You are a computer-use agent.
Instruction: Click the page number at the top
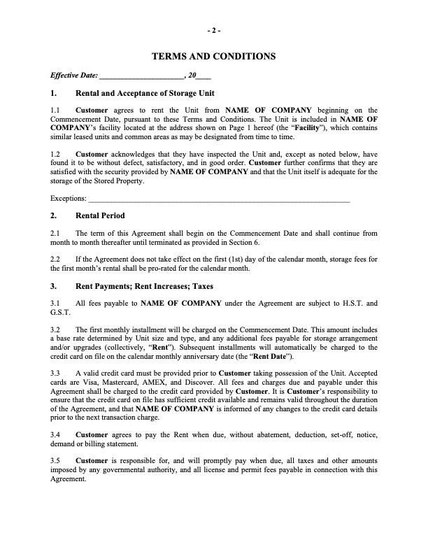pos(214,31)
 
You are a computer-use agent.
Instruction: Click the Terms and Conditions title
pos(214,56)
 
